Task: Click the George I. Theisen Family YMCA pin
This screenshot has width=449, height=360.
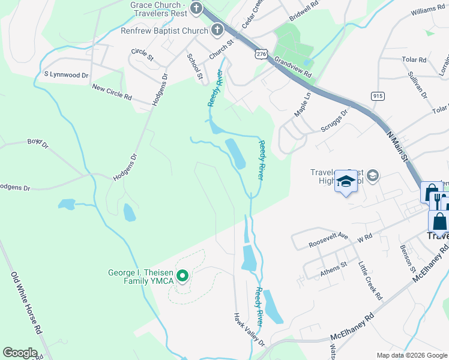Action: tap(184, 276)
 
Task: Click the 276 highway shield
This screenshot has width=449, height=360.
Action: tap(261, 54)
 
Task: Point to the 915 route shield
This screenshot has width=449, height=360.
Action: tap(378, 95)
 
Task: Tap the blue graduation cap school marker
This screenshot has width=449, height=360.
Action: tap(346, 181)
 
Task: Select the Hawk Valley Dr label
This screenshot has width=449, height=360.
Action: tap(249, 329)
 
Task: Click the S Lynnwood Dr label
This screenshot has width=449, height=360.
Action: tap(66, 74)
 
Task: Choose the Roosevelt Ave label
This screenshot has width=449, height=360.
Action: tap(329, 240)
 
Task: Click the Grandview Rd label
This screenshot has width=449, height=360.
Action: tap(293, 67)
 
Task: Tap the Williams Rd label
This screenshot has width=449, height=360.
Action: tap(428, 10)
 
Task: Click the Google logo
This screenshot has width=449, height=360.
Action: tap(20, 353)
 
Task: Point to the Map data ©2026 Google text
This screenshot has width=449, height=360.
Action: tap(411, 355)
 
